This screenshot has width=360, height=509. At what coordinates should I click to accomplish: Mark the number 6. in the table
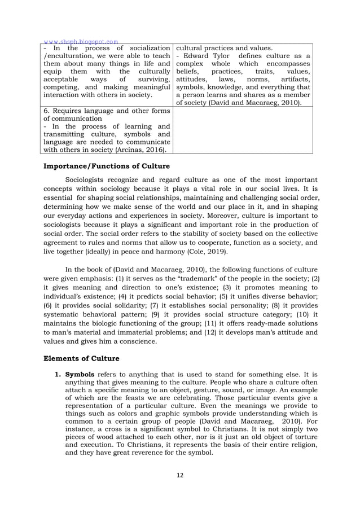[x=47, y=110]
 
